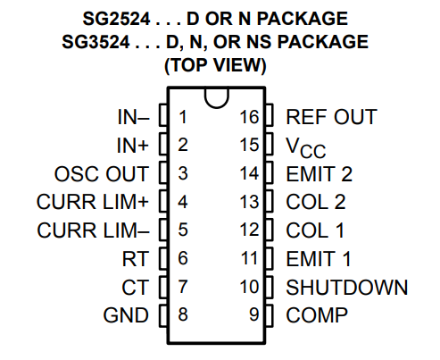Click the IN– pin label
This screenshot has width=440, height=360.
(135, 117)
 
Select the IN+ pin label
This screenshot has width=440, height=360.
(135, 145)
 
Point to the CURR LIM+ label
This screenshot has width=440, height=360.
(93, 202)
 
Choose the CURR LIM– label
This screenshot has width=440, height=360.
(93, 230)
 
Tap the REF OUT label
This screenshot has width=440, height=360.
(331, 117)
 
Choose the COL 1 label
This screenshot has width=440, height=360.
(315, 230)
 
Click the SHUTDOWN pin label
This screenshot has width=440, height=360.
(347, 287)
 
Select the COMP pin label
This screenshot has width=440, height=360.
(317, 314)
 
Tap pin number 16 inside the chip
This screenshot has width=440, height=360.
(249, 117)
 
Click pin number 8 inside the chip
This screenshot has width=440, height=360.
(183, 314)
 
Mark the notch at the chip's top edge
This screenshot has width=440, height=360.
(215, 97)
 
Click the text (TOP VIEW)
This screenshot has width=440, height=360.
(215, 65)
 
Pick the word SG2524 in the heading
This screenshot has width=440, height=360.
(109, 18)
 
